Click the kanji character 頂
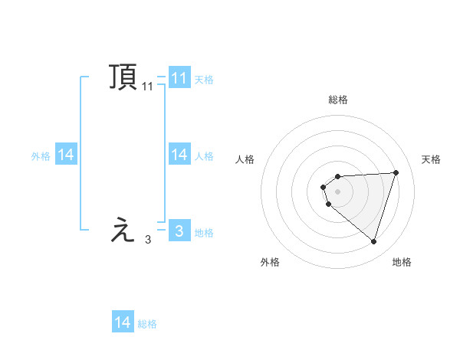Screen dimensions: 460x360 coord(123,77)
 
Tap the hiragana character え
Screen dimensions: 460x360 coord(123,230)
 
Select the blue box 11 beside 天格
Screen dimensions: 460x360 coord(179,78)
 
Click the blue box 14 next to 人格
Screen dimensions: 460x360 coord(179,155)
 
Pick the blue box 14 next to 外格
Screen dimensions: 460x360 coord(66,155)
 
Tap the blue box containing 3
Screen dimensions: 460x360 coord(179,231)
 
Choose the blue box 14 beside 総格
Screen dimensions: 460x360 coord(123,322)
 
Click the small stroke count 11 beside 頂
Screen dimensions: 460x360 coord(147,87)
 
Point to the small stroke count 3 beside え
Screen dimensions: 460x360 coord(147,240)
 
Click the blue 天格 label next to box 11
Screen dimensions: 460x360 coord(204,80)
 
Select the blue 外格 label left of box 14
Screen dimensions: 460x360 coord(41,156)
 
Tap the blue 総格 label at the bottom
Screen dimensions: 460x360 coord(147,324)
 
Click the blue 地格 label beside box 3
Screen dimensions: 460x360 coord(204,233)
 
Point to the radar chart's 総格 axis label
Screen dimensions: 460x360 coord(338,100)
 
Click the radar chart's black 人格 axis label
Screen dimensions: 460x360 coord(245,159)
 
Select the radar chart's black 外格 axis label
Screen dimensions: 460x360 coord(270,263)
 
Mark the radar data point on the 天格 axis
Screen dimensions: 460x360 coord(396,172)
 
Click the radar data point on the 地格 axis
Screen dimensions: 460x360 coord(374,242)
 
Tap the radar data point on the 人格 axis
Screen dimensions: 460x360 coord(324,186)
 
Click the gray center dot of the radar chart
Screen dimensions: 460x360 coord(338,191)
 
